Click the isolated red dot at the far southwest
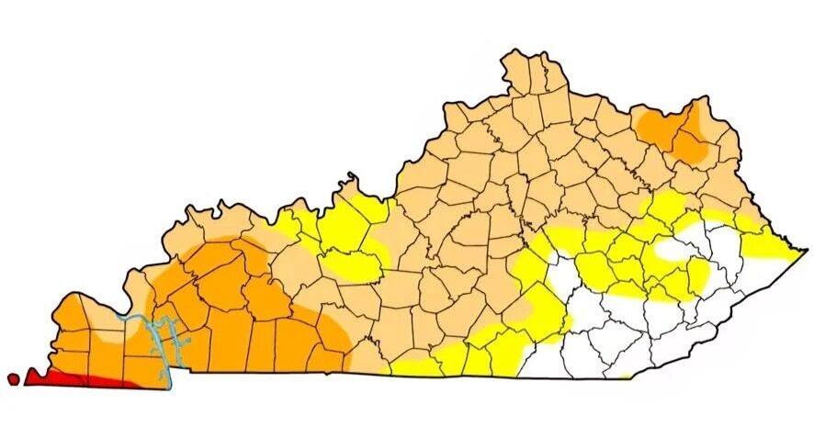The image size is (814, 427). [12, 378]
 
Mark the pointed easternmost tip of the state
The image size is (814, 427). [807, 249]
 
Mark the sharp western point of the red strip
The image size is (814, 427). [25, 377]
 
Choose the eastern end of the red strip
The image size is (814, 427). [138, 386]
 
